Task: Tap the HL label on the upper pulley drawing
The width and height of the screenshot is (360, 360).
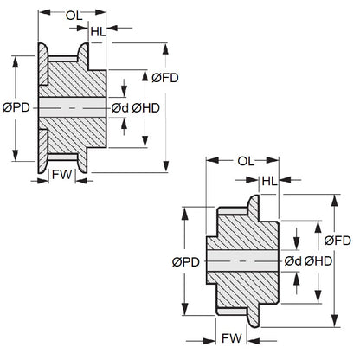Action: (99, 32)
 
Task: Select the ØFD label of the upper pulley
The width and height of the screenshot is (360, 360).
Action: (165, 78)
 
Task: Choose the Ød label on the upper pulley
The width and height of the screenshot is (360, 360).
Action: (119, 107)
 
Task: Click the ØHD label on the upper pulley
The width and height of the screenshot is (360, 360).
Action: (144, 107)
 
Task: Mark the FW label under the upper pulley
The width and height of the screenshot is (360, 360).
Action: (61, 173)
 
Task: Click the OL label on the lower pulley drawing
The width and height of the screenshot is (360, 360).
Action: (245, 161)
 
